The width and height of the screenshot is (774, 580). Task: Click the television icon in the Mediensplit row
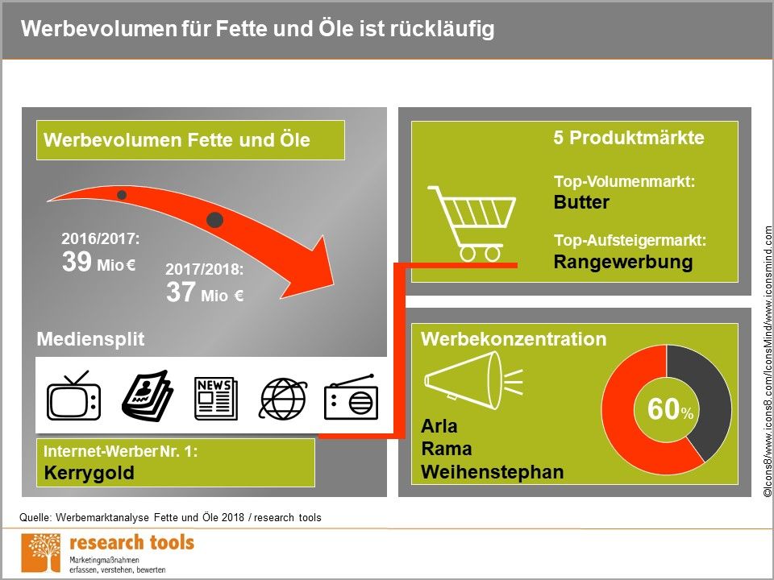point(73,396)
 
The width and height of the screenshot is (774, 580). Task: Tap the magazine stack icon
point(148,396)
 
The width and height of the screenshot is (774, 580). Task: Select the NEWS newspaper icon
point(216,399)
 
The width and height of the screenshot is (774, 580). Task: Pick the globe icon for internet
point(283,399)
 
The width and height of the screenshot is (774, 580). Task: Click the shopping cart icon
point(472,223)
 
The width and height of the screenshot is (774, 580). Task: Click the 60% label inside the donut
point(670,409)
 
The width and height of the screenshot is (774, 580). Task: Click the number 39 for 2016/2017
point(77,261)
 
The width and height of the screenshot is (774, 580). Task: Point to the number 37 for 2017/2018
point(181,292)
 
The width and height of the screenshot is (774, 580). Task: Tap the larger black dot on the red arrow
point(214,220)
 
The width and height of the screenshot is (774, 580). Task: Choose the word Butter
point(581,202)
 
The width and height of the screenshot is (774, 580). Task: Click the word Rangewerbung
point(623,262)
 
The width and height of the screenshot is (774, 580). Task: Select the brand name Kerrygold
point(89,473)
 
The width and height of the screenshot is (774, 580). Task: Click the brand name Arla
point(439,426)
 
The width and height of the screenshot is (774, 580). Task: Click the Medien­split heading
point(90,339)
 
